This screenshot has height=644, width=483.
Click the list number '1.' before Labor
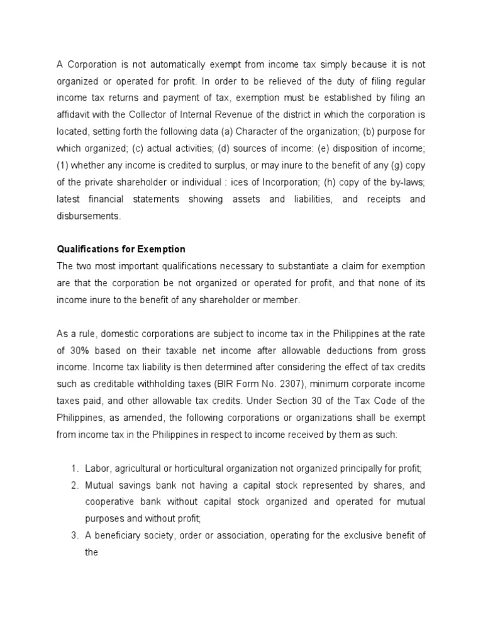(x=74, y=467)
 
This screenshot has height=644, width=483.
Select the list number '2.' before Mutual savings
(x=74, y=484)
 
